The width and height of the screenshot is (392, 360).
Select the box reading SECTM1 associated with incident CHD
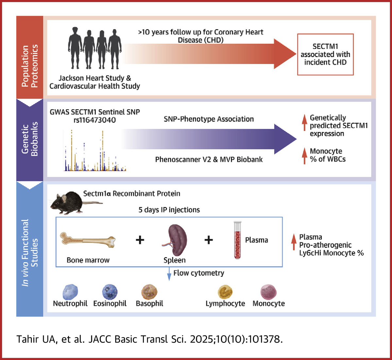pos(325,54)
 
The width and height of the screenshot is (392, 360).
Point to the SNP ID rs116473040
pos(95,120)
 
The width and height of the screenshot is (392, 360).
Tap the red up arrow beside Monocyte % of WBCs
pos(304,155)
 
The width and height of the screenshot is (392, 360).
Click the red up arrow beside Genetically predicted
pos(304,122)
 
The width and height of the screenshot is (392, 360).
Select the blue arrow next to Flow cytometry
pos(169,274)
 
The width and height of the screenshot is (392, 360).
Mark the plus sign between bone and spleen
pos(140,240)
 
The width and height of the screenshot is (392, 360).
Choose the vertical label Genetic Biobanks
pos(30,139)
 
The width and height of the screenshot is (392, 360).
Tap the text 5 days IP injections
pos(169,210)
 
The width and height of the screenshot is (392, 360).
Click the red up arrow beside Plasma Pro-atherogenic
pos(294,245)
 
